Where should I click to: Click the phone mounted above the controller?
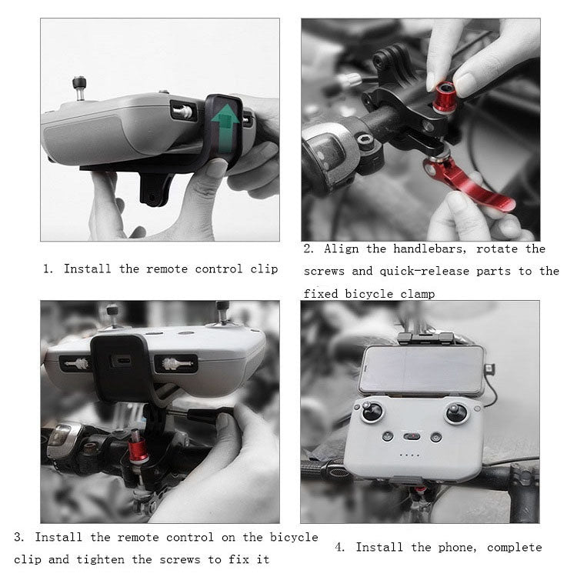click(x=421, y=370)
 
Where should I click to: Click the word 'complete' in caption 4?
click(x=514, y=547)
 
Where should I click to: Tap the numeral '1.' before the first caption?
click(x=48, y=268)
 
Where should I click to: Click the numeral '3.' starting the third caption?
click(x=19, y=536)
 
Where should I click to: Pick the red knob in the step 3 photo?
click(x=139, y=448)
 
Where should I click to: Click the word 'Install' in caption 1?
click(x=88, y=268)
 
